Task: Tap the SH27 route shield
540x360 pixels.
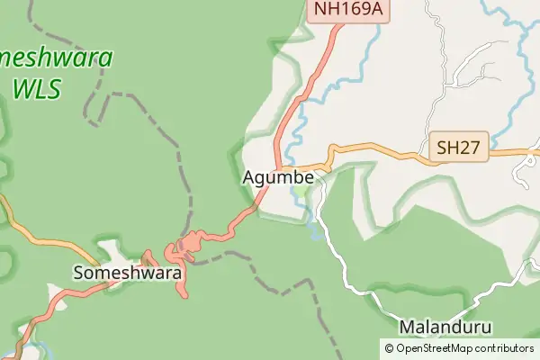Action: click(459, 147)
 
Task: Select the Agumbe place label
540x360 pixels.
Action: click(278, 178)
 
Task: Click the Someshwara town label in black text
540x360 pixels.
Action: click(128, 272)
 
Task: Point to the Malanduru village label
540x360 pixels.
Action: click(447, 326)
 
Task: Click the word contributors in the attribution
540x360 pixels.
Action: click(505, 348)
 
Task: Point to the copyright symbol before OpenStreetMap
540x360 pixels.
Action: click(389, 348)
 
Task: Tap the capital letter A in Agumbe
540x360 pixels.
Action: click(248, 178)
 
